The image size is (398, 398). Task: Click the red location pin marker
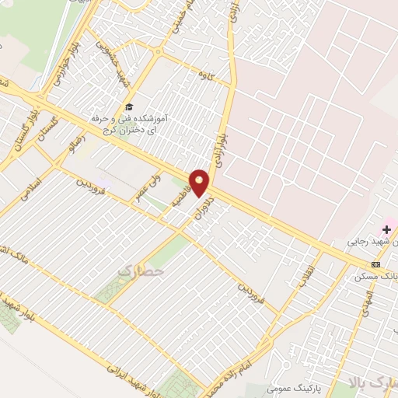pyautogui.click(x=201, y=183)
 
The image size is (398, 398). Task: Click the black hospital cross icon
pyautogui.click(x=386, y=229)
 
